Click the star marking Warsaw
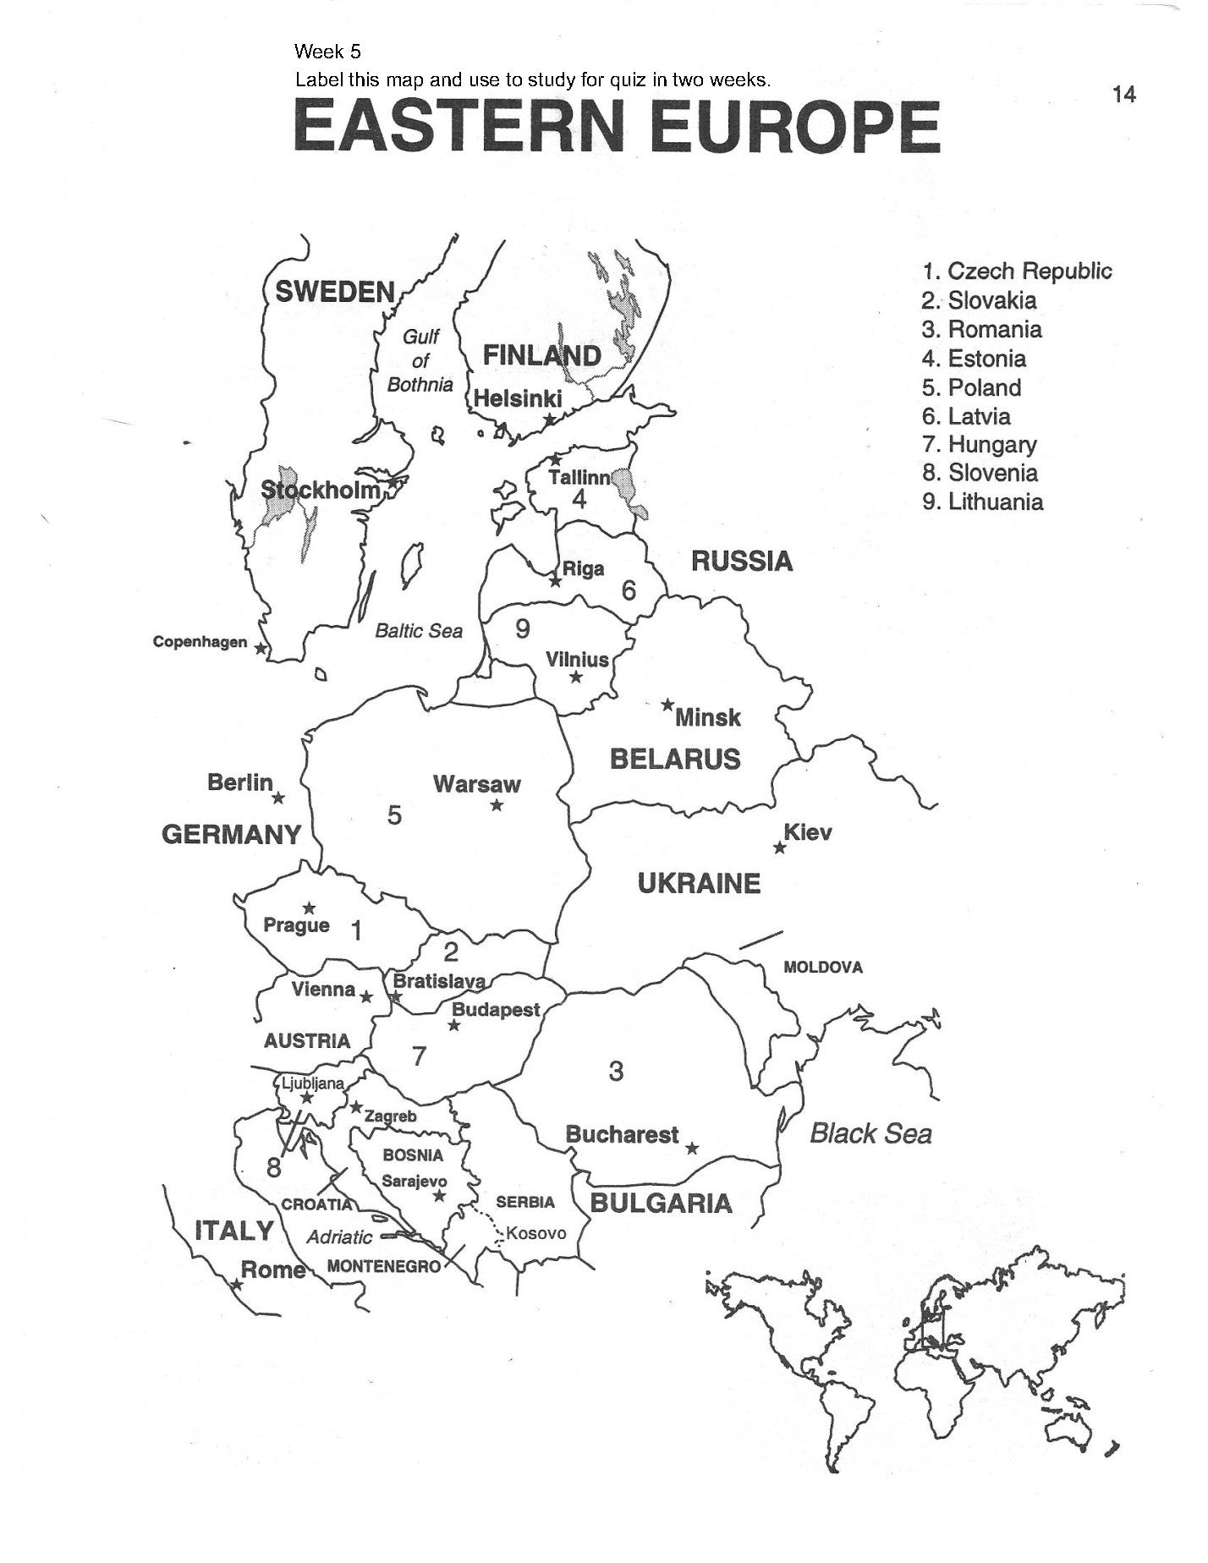(x=497, y=805)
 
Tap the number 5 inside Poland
(x=394, y=815)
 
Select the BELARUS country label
(x=675, y=759)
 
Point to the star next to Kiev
(x=780, y=847)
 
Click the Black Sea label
(x=870, y=1133)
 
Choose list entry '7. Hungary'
(x=980, y=444)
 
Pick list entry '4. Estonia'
(x=974, y=359)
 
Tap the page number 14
(x=1123, y=95)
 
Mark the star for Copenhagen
(x=261, y=649)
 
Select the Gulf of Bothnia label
(x=420, y=360)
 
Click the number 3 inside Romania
(x=616, y=1071)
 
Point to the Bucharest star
(x=692, y=1148)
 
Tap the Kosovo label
(x=536, y=1232)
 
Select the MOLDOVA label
(x=822, y=967)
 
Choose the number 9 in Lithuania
(x=523, y=628)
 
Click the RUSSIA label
(x=742, y=561)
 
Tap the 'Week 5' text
(x=327, y=52)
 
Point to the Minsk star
(x=667, y=705)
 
